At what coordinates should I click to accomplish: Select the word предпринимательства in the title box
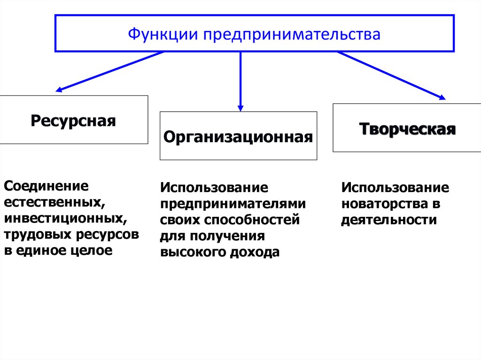292,35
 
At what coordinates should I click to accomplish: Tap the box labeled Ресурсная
74,120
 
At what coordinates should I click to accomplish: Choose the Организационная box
238,136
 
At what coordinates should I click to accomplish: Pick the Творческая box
407,128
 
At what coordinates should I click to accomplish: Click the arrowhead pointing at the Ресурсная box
59,89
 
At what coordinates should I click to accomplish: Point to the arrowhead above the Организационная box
240,107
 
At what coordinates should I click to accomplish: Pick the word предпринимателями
233,204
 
